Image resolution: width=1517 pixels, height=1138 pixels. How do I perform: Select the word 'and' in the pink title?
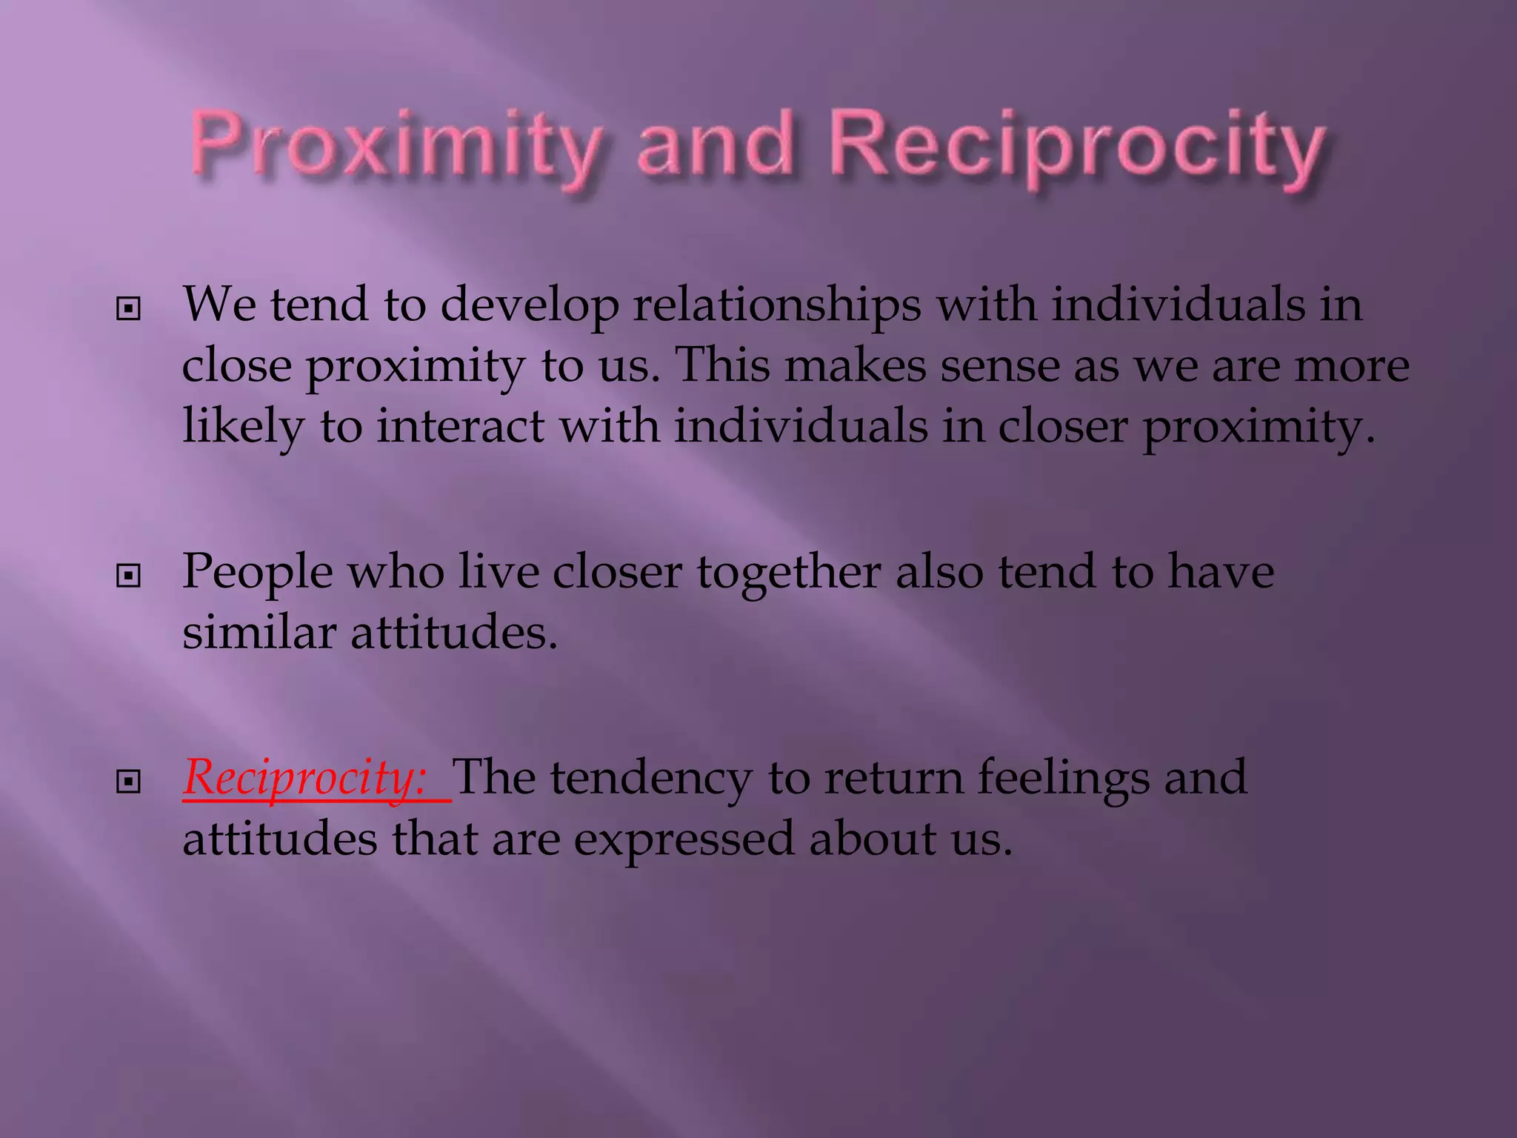click(715, 145)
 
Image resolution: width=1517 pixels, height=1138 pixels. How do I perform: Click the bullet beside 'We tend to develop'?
click(129, 309)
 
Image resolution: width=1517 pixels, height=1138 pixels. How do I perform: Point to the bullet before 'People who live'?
click(129, 576)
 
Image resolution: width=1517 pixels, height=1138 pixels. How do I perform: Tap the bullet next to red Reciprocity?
click(129, 781)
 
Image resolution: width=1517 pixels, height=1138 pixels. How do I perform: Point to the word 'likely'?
click(243, 427)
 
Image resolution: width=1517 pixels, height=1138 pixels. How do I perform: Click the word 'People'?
click(258, 573)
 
